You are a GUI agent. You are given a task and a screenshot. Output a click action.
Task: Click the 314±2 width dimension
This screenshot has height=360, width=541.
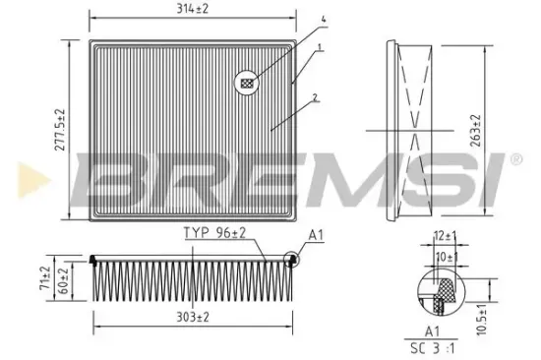point(193,10)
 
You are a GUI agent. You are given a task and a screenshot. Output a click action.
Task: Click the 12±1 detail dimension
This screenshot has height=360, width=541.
point(444,235)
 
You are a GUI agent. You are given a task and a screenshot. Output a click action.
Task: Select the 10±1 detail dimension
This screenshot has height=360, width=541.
point(445,257)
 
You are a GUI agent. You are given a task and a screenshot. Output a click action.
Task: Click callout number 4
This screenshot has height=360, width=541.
point(321,18)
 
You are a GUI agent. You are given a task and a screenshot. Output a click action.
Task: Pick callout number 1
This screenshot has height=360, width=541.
point(321,46)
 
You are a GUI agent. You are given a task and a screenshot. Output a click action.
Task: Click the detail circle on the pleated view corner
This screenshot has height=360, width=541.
point(291,260)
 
